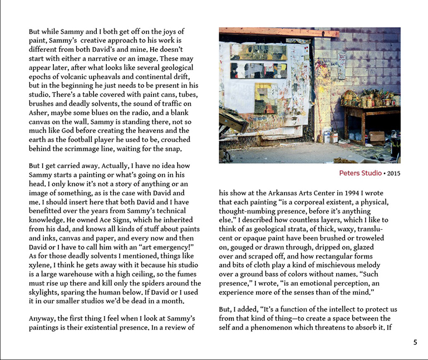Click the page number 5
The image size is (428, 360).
click(415, 342)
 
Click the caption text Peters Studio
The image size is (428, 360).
click(360, 173)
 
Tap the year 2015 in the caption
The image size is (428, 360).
click(393, 173)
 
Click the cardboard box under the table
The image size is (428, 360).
click(376, 136)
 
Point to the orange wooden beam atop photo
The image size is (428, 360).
click(278, 32)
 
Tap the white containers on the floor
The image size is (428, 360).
click(333, 136)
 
